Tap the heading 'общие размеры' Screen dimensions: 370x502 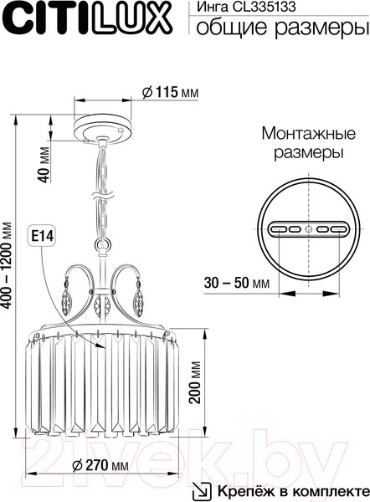click(x=280, y=28)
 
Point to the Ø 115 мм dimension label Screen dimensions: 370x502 click(x=171, y=92)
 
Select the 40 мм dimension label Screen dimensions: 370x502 click(x=45, y=165)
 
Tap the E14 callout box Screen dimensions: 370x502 click(x=41, y=236)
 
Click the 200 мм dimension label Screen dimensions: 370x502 click(x=195, y=382)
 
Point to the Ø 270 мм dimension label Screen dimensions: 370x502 click(x=100, y=465)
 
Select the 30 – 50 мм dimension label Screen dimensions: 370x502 click(x=237, y=283)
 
